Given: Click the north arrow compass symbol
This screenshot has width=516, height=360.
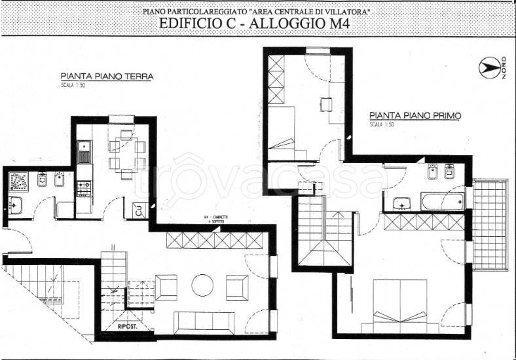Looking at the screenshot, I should (x=488, y=67).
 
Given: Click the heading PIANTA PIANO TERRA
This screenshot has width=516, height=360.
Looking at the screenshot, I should (x=107, y=76).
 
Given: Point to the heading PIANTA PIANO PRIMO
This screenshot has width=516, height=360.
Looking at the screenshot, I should (x=415, y=115).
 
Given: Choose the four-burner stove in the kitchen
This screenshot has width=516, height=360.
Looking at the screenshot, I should (x=83, y=189).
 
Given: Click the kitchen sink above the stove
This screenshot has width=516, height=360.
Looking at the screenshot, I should (x=83, y=156).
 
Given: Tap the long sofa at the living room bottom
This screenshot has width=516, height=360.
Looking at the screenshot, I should (x=203, y=322).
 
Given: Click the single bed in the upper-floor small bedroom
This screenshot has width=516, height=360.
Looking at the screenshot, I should (x=286, y=134).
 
